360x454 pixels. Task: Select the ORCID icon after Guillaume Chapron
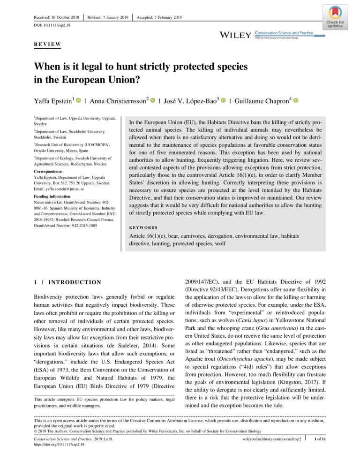coord(296,101)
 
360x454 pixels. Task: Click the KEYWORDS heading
coord(143,227)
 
